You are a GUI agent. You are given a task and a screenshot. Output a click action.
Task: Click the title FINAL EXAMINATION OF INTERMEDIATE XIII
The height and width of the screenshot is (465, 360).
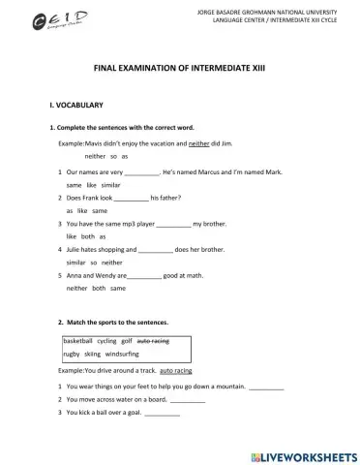pyautogui.click(x=178, y=70)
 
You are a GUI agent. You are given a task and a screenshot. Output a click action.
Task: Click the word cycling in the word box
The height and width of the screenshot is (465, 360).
pyautogui.click(x=106, y=341)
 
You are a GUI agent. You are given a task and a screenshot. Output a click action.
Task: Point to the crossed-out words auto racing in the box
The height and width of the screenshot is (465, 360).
pyautogui.click(x=153, y=341)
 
